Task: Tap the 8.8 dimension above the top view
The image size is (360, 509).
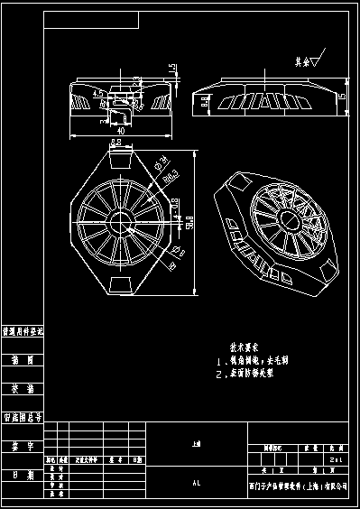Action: tap(116, 143)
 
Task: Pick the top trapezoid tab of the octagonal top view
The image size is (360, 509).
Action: tap(119, 160)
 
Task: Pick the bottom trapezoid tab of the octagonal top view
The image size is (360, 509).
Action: tap(119, 284)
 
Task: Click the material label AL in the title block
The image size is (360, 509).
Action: tap(196, 484)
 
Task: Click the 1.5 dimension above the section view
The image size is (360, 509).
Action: tap(171, 69)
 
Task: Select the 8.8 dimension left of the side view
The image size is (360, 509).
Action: tap(206, 105)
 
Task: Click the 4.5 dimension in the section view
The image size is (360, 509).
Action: tap(97, 93)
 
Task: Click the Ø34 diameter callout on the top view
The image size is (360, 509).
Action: tap(159, 165)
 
